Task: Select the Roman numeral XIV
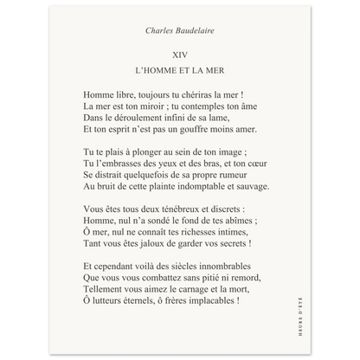coord(179,53)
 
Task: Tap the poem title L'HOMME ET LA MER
coord(179,68)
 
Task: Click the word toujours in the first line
coord(156,93)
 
